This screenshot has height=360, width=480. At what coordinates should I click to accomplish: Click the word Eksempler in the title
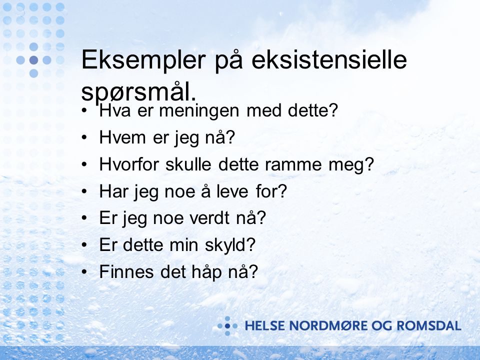point(143,60)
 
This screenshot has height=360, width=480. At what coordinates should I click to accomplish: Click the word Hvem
point(122,137)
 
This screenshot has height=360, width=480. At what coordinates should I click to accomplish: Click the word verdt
point(209,218)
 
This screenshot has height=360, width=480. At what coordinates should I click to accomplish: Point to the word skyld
point(230,245)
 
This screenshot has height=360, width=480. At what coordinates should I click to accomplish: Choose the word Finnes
point(126,271)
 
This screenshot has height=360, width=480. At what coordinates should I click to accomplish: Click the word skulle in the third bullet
point(188,164)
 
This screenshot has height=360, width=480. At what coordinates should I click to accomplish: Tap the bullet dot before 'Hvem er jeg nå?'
point(84,138)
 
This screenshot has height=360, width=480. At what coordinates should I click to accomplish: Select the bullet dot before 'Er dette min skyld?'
point(84,245)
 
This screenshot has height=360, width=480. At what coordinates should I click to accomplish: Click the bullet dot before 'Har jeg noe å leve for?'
point(84,191)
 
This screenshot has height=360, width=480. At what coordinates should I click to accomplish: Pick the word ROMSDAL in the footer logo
point(428,325)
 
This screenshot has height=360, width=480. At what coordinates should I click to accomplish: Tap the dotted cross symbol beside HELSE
point(227,326)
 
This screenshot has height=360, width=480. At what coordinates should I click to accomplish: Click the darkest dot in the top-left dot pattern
point(33,60)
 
